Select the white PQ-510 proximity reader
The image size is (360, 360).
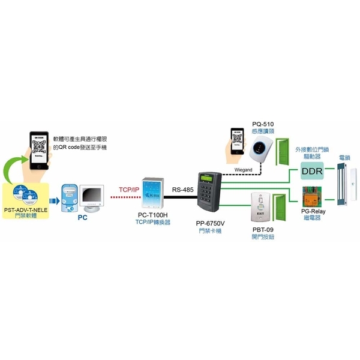click(263, 146)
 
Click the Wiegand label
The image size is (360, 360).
click(242, 171)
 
